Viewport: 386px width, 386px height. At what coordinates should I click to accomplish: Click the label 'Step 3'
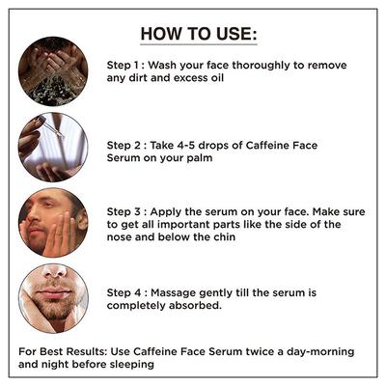tap(126, 209)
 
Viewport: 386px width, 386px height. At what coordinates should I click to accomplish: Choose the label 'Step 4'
tap(126, 290)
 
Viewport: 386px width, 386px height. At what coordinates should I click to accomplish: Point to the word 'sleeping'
tap(127, 366)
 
